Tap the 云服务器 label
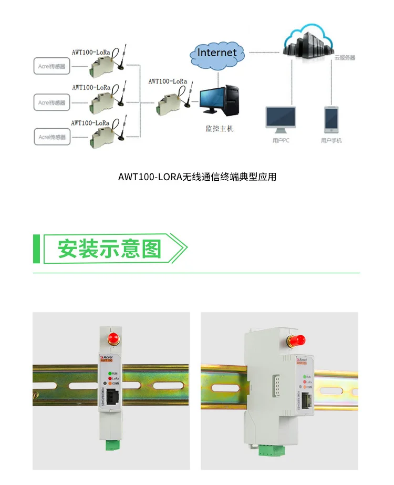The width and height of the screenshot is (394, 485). (345, 58)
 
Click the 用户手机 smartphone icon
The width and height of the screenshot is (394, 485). (331, 120)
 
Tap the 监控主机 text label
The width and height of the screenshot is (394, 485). (219, 128)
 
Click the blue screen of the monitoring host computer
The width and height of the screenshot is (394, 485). (212, 99)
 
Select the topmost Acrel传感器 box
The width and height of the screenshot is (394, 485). (52, 67)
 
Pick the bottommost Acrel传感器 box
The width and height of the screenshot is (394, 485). (52, 137)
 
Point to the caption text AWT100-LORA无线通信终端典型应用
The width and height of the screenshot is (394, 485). (197, 177)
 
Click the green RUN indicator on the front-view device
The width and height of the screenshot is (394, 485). (109, 373)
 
